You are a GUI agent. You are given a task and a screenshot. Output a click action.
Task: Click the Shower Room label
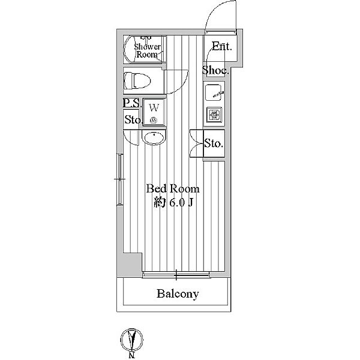[146, 50]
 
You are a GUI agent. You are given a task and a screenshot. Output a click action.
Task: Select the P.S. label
[132, 104]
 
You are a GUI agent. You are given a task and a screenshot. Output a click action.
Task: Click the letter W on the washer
[154, 108]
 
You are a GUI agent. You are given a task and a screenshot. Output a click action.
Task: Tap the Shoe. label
[215, 71]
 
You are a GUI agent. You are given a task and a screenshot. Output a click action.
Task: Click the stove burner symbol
[214, 114]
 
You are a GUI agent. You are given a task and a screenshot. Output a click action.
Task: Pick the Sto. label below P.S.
[133, 119]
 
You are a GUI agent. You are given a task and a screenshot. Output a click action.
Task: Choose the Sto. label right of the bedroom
[214, 143]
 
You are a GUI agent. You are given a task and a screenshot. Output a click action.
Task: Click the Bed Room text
[173, 188]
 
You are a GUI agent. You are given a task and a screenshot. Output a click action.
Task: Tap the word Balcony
[178, 294]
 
